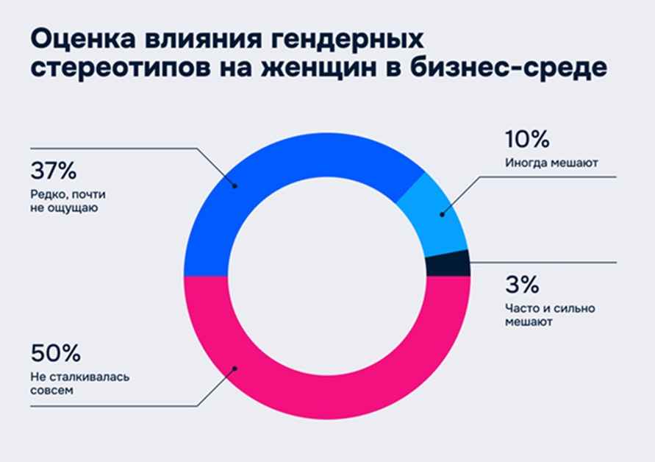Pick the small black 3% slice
(x=448, y=263)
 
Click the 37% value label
(x=54, y=172)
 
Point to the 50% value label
(x=55, y=353)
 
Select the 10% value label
(x=526, y=139)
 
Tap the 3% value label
(x=520, y=284)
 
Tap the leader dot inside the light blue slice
(x=442, y=214)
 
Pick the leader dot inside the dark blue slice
(x=235, y=185)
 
